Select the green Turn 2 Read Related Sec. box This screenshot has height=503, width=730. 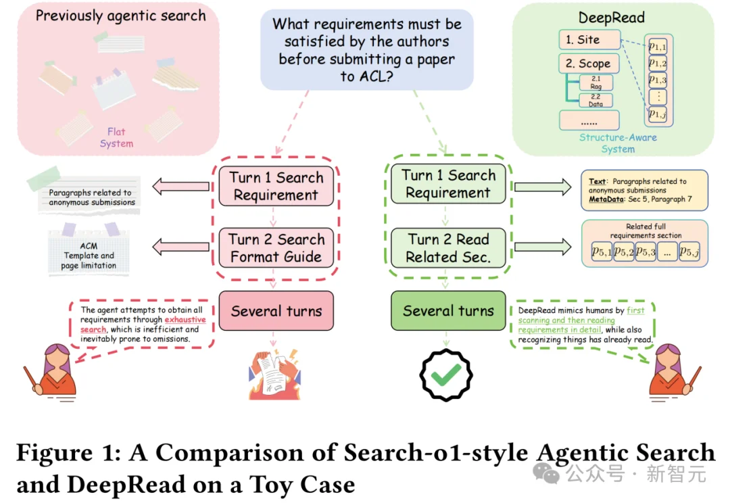pyautogui.click(x=448, y=248)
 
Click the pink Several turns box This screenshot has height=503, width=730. pyautogui.click(x=276, y=311)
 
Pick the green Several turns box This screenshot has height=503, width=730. pyautogui.click(x=448, y=311)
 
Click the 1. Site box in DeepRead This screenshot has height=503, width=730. pyautogui.click(x=589, y=40)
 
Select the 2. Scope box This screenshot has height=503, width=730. pyautogui.click(x=589, y=64)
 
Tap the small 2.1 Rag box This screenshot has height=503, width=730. pyautogui.click(x=595, y=82)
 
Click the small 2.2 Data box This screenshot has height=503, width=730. pyautogui.click(x=595, y=101)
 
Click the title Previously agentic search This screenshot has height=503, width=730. pyautogui.click(x=120, y=16)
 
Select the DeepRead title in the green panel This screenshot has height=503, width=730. pyautogui.click(x=612, y=18)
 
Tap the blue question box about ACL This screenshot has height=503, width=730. pyautogui.click(x=367, y=50)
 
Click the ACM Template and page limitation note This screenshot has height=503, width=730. pyautogui.click(x=89, y=256)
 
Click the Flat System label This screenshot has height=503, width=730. pyautogui.click(x=116, y=137)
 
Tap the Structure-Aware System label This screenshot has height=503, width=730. pyautogui.click(x=618, y=143)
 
